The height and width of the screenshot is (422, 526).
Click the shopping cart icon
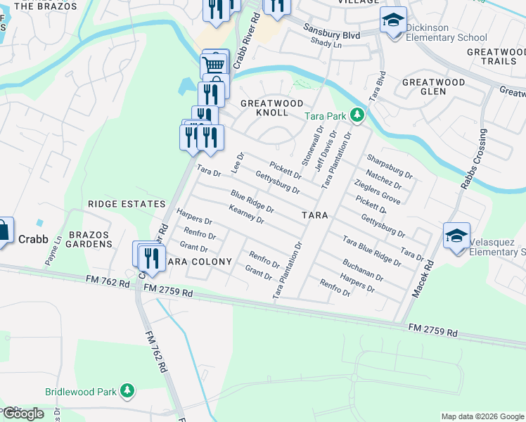pos(214,65)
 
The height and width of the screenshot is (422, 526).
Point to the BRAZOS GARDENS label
pos(90,238)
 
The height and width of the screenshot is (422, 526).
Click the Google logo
pos(23,414)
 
